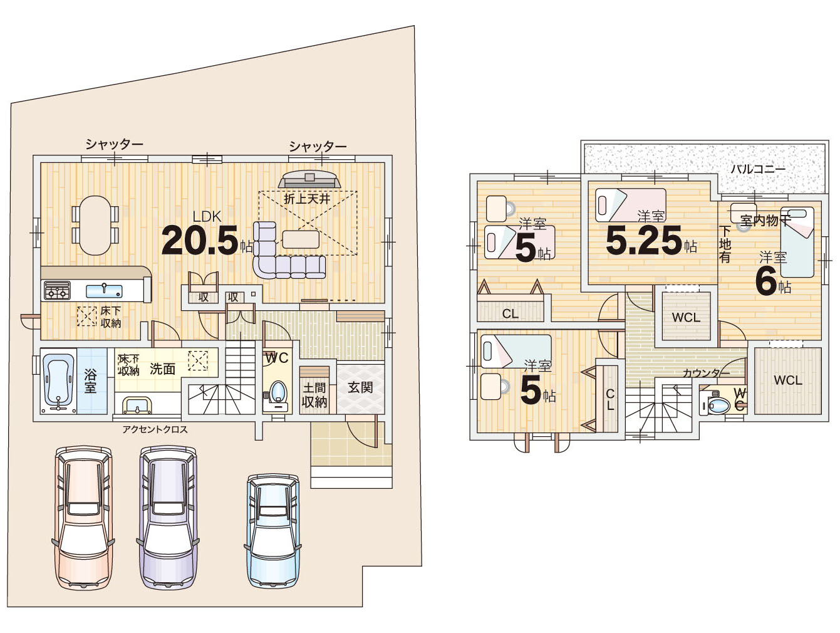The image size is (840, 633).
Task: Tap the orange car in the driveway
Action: pyautogui.click(x=83, y=518)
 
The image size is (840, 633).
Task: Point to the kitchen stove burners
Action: pyautogui.click(x=57, y=290)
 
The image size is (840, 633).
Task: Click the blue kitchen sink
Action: pyautogui.click(x=104, y=291)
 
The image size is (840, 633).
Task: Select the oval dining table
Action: pyautogui.click(x=95, y=225)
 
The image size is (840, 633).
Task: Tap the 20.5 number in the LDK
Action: pyautogui.click(x=200, y=240)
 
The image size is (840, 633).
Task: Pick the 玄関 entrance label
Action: pyautogui.click(x=360, y=388)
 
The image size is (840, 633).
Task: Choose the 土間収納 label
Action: pyautogui.click(x=314, y=395)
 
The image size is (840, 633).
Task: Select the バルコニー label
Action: pyautogui.click(x=759, y=169)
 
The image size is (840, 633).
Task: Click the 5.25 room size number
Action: pyautogui.click(x=644, y=240)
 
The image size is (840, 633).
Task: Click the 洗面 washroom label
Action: pyautogui.click(x=162, y=369)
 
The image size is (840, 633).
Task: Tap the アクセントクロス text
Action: pyautogui.click(x=155, y=429)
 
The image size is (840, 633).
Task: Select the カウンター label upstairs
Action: pyautogui.click(x=707, y=372)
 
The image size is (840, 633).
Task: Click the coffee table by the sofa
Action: pyautogui.click(x=301, y=239)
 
